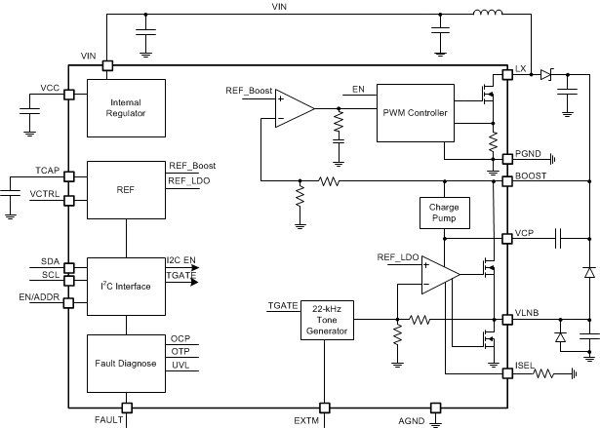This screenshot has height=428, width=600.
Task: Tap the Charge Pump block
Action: click(x=443, y=211)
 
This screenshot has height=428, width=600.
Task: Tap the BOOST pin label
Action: click(x=532, y=175)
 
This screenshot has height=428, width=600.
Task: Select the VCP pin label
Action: click(x=524, y=234)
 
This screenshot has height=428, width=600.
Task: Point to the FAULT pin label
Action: click(x=108, y=419)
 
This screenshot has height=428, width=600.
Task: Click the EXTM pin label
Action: click(x=307, y=419)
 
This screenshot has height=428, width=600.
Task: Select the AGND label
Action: click(x=413, y=419)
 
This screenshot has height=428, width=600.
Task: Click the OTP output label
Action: click(x=180, y=351)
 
